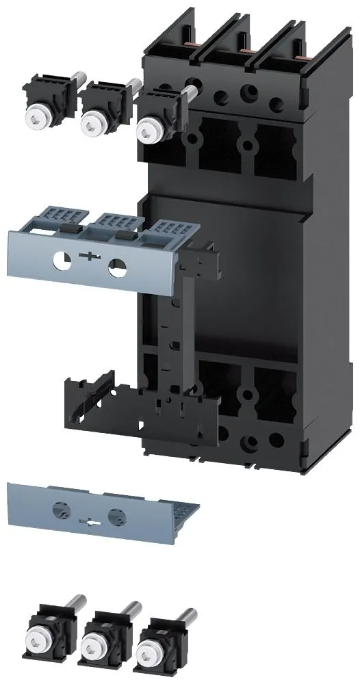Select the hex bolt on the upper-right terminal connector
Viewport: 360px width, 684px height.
[x=145, y=128]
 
